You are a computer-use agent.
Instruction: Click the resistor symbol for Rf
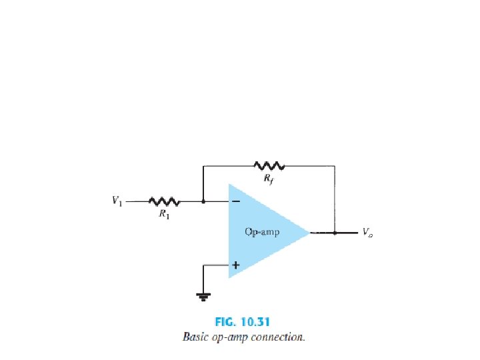[x=269, y=165]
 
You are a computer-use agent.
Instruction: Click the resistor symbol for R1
[x=163, y=200]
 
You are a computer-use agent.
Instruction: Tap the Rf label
[x=268, y=178]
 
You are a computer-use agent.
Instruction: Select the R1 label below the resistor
[x=164, y=214]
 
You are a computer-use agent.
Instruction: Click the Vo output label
[x=367, y=233]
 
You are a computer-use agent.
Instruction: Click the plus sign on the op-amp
[x=235, y=265]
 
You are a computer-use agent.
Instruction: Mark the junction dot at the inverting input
[x=203, y=200]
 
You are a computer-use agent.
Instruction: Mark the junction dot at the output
[x=335, y=233]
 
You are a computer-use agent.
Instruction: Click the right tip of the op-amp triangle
[x=310, y=233]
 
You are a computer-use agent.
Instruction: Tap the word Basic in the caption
[x=196, y=337]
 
